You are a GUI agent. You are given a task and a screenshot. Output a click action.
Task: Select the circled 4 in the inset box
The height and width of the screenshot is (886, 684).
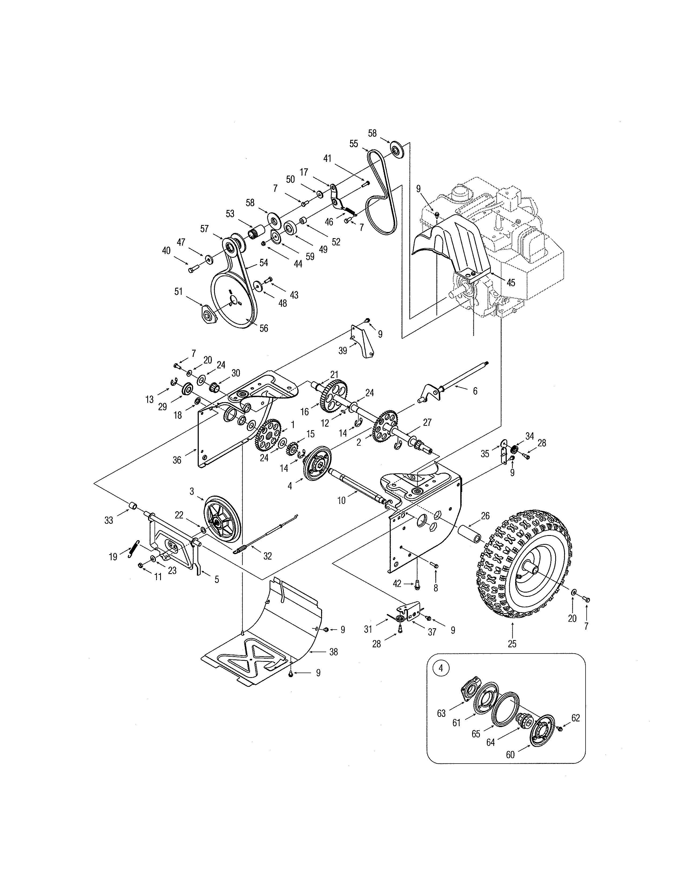point(441,668)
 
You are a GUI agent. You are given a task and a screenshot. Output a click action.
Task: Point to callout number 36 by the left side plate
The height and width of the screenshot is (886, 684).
point(177,460)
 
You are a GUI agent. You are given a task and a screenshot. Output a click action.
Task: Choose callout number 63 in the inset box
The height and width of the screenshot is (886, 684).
point(441,713)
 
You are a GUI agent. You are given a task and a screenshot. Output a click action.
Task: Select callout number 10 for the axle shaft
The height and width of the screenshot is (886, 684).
point(341,501)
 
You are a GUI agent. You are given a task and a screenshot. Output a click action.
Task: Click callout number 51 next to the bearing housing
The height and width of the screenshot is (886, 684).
point(178,291)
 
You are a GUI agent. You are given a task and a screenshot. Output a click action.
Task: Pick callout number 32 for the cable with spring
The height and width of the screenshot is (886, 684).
point(267,556)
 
